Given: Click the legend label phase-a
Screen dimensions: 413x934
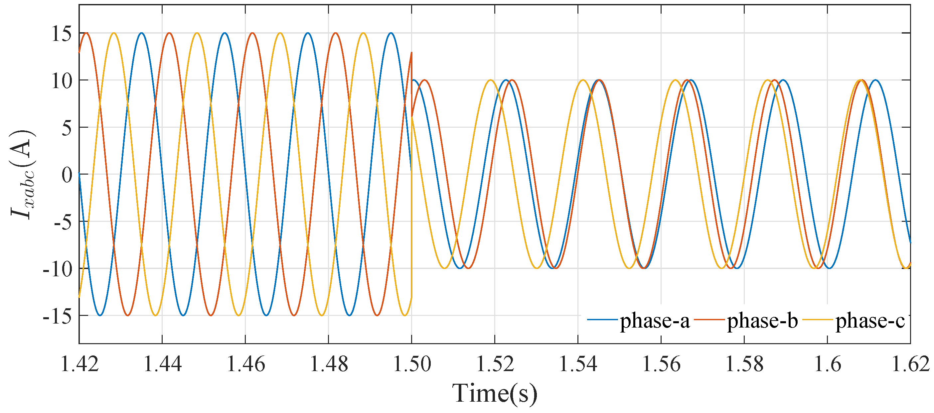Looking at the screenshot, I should click(655, 321).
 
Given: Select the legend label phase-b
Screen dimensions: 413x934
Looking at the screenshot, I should click(762, 321).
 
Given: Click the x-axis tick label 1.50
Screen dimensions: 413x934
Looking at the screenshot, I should click(412, 364).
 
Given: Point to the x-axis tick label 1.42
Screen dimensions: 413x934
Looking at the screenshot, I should click(79, 364).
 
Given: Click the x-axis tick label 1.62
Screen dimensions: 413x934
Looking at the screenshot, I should click(910, 364).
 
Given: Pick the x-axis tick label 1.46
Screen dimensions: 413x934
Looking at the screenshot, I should click(245, 364).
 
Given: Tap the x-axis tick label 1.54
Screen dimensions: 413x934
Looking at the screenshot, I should click(578, 364).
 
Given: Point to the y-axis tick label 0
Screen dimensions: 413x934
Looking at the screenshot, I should click(67, 175).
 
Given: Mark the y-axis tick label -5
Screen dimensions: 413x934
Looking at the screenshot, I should click(62, 222).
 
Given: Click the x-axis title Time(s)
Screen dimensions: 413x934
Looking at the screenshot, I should click(495, 393).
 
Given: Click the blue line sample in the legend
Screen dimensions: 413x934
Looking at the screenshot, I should click(602, 320).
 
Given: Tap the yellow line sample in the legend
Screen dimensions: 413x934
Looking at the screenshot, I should click(817, 320).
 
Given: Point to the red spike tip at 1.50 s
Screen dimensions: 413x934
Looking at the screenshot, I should click(412, 53).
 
